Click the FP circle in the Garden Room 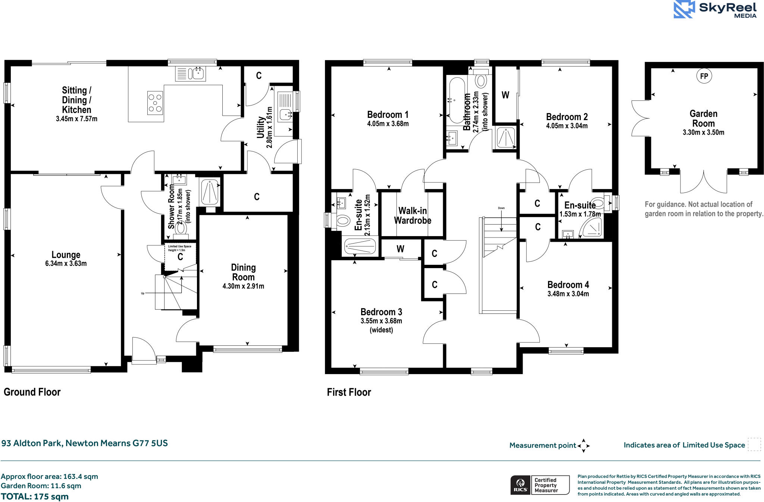coord(704,76)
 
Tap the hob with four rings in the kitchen coord(155,103)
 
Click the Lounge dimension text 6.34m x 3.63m coord(66,264)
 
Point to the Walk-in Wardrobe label coord(413,216)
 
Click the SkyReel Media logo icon coord(684,9)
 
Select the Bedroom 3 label coord(381,312)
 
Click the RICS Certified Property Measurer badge coord(540,485)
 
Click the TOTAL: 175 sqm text coord(35,497)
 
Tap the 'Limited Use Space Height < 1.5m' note coord(179,248)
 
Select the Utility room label coord(261,127)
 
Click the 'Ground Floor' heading coord(32,392)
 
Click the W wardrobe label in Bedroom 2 coord(505,95)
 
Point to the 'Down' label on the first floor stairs coord(501,208)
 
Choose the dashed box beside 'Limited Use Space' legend coord(754,445)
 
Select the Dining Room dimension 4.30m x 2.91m coord(243,286)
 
